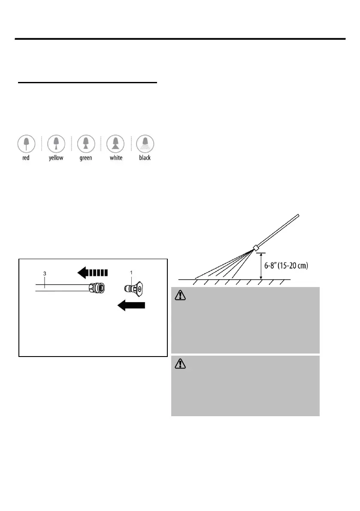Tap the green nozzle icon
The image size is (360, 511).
click(x=86, y=143)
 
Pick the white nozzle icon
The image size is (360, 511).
click(x=115, y=143)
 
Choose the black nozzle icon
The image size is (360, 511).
click(x=145, y=143)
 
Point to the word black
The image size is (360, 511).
click(x=145, y=158)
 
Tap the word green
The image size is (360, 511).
click(x=86, y=158)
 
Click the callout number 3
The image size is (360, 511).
click(x=44, y=273)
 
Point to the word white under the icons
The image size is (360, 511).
click(x=115, y=158)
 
